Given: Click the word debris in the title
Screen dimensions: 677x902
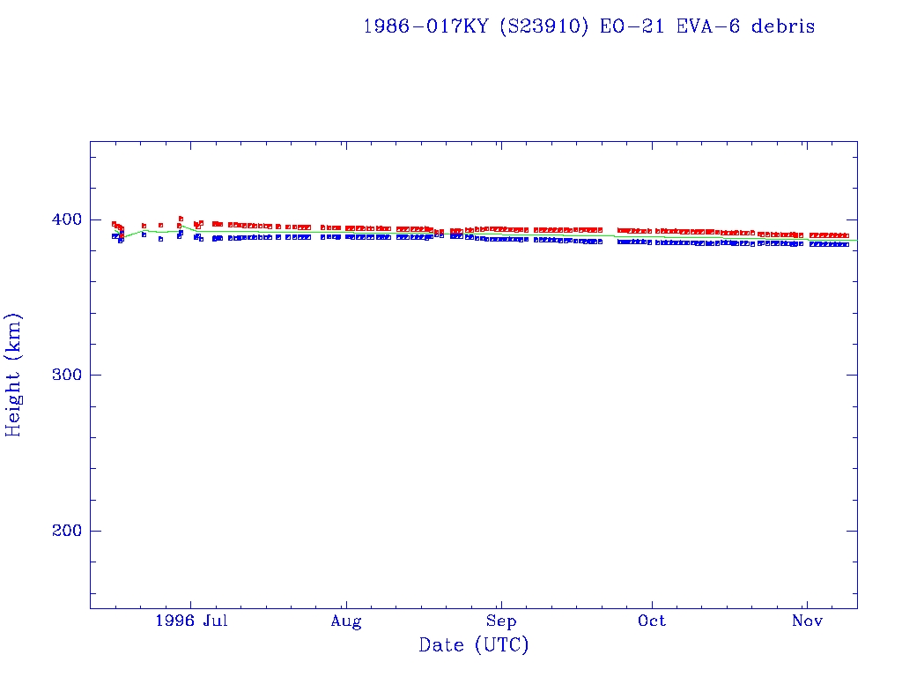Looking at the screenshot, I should click(x=783, y=26).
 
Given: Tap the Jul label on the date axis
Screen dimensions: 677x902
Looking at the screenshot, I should click(x=215, y=621).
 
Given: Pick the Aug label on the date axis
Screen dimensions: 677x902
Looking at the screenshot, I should click(x=346, y=621).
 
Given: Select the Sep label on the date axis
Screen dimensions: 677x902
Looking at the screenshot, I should click(x=501, y=621).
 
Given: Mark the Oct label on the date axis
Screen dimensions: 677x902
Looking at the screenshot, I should click(x=652, y=621).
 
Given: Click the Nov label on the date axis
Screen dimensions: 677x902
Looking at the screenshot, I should click(x=807, y=621).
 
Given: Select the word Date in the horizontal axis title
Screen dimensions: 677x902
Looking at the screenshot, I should click(x=441, y=646).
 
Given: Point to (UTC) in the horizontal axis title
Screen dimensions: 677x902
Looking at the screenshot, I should click(x=501, y=646).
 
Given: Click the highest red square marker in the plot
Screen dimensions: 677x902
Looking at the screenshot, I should click(x=181, y=218).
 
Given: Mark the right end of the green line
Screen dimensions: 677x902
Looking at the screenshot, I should click(x=856, y=241).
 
